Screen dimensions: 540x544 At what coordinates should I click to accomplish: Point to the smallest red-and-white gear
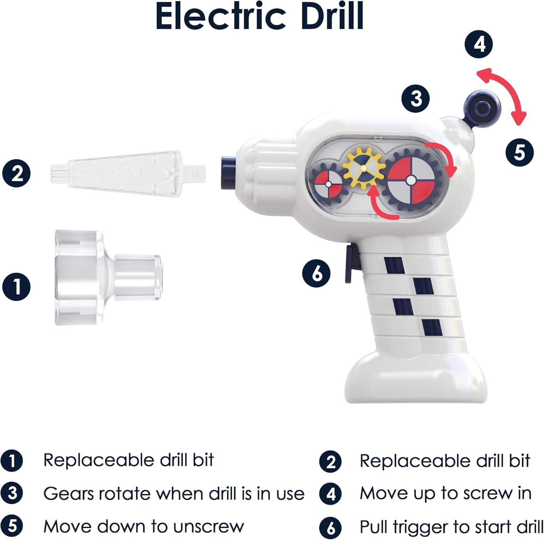(x=329, y=184)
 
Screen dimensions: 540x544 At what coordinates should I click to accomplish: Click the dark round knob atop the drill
(x=482, y=108)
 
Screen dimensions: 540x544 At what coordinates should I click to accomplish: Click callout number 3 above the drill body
(x=416, y=98)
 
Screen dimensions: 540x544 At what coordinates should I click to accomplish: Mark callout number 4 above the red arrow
(x=479, y=44)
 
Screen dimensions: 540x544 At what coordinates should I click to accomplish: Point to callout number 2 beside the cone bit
(x=17, y=174)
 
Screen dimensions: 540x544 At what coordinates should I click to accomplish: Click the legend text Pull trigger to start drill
(x=451, y=527)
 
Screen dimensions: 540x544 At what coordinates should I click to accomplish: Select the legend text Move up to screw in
(x=445, y=493)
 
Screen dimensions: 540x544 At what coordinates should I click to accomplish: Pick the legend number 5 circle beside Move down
(x=12, y=526)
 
